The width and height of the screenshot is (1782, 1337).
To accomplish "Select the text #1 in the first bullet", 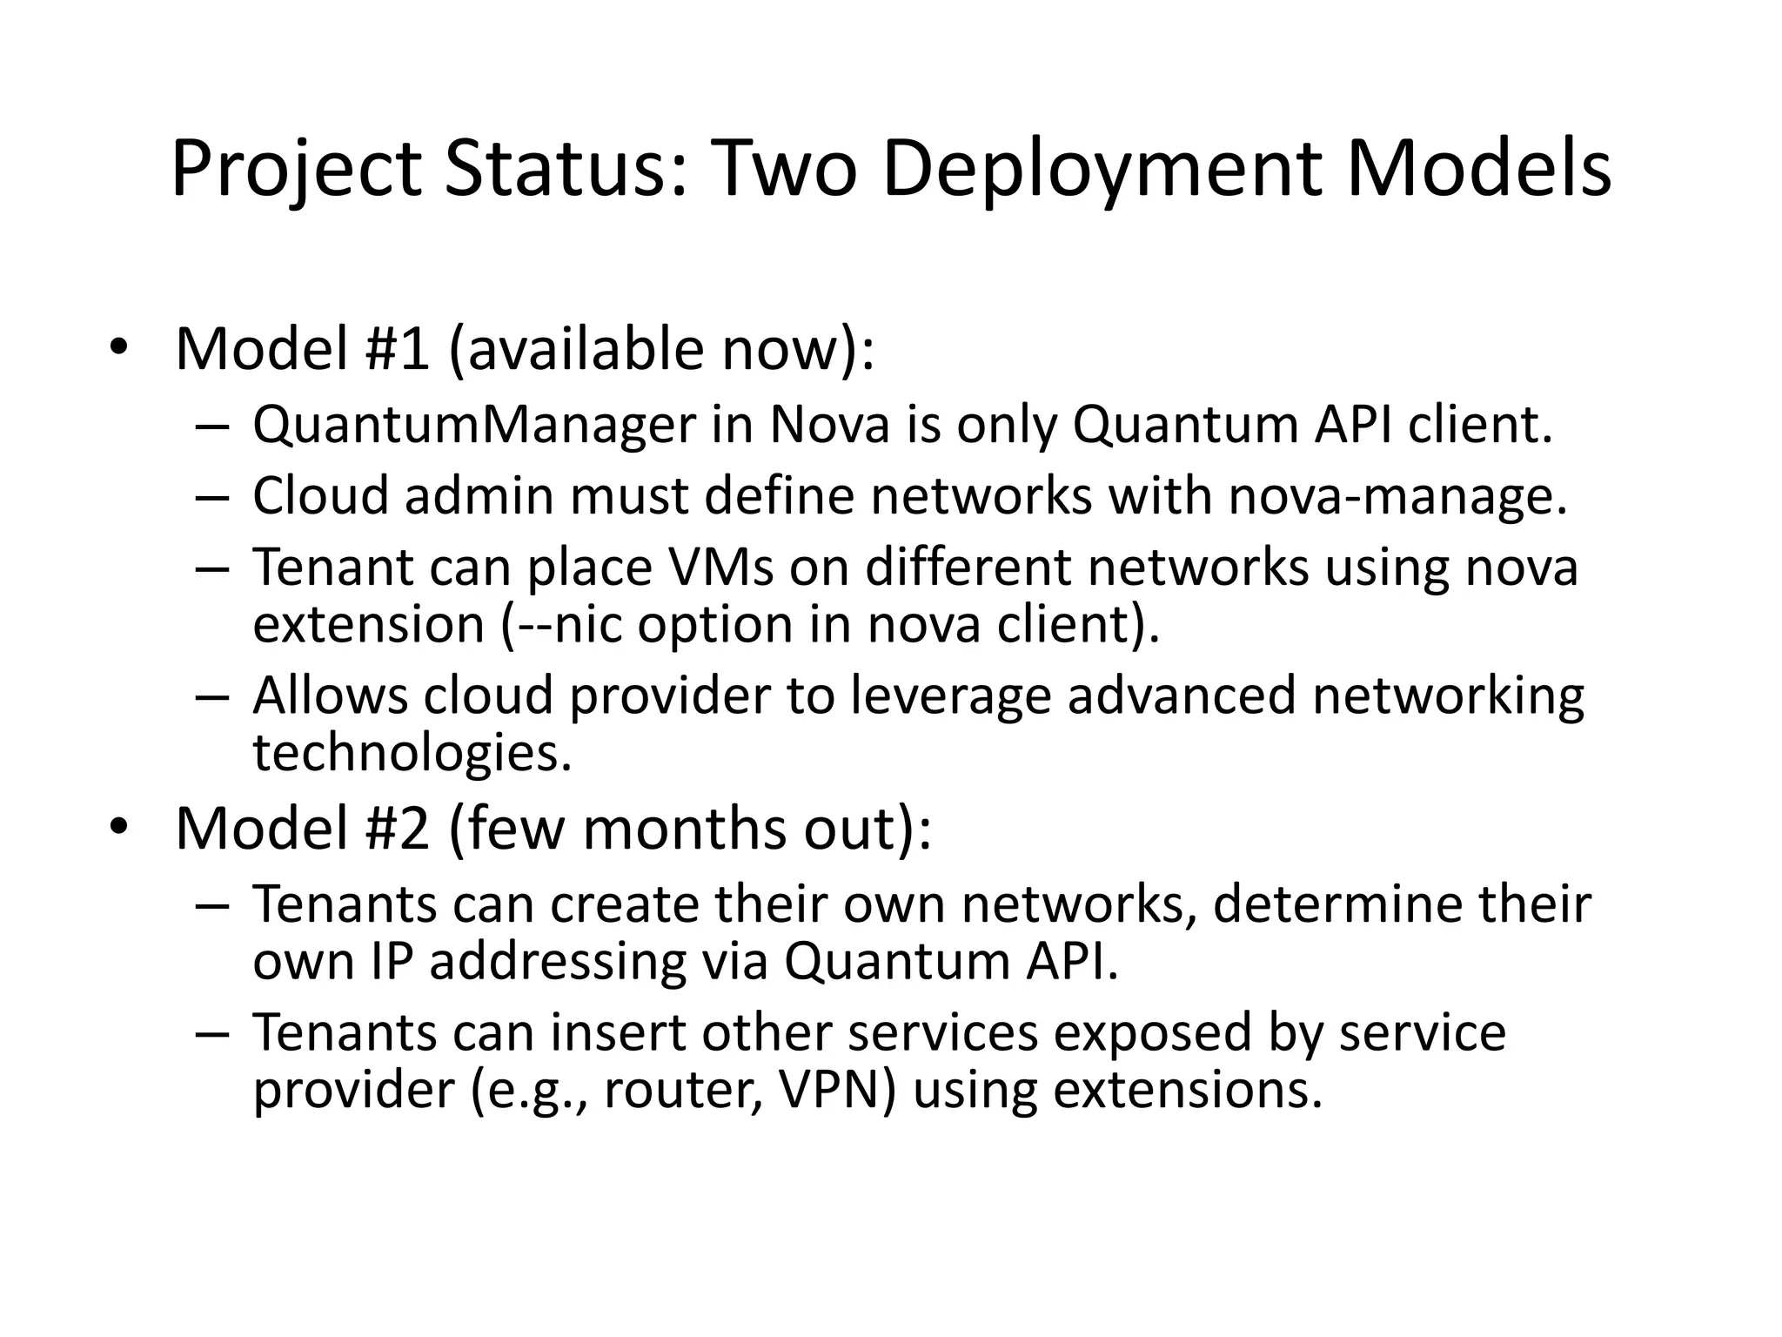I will pos(397,350).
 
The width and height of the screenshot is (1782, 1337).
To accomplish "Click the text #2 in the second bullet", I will pos(397,829).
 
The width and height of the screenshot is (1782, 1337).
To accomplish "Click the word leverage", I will pos(950,696).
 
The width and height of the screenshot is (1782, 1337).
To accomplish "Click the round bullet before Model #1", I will pos(118,348).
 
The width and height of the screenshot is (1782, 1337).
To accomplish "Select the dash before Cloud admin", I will pos(211,498).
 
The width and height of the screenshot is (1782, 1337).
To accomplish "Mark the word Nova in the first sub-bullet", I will pos(830,426).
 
